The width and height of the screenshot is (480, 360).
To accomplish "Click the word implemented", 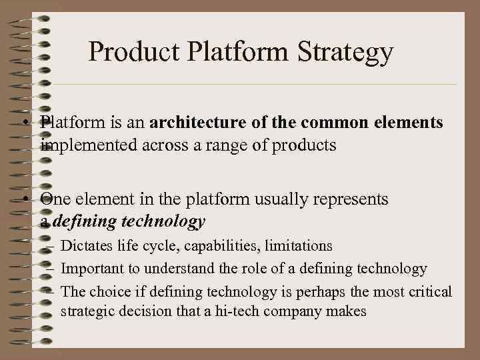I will [x=89, y=145].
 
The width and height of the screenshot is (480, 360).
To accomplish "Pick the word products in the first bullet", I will [x=306, y=145].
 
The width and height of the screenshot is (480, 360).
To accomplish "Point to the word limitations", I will [x=299, y=246].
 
